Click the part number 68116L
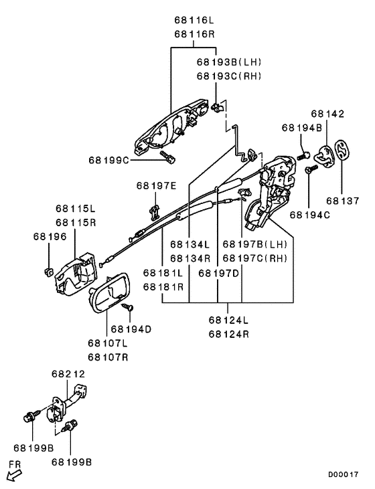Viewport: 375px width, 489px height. click(x=194, y=20)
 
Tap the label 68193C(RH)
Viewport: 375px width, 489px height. click(x=229, y=76)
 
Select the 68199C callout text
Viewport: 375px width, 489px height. click(x=108, y=161)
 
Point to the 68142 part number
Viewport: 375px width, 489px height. click(x=327, y=114)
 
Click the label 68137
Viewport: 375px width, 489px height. click(x=343, y=201)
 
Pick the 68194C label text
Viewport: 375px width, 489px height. click(x=310, y=215)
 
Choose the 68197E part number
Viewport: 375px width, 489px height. click(x=156, y=186)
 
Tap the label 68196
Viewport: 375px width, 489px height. click(x=50, y=237)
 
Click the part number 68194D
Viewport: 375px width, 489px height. click(x=131, y=329)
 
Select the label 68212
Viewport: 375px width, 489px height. click(x=68, y=374)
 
